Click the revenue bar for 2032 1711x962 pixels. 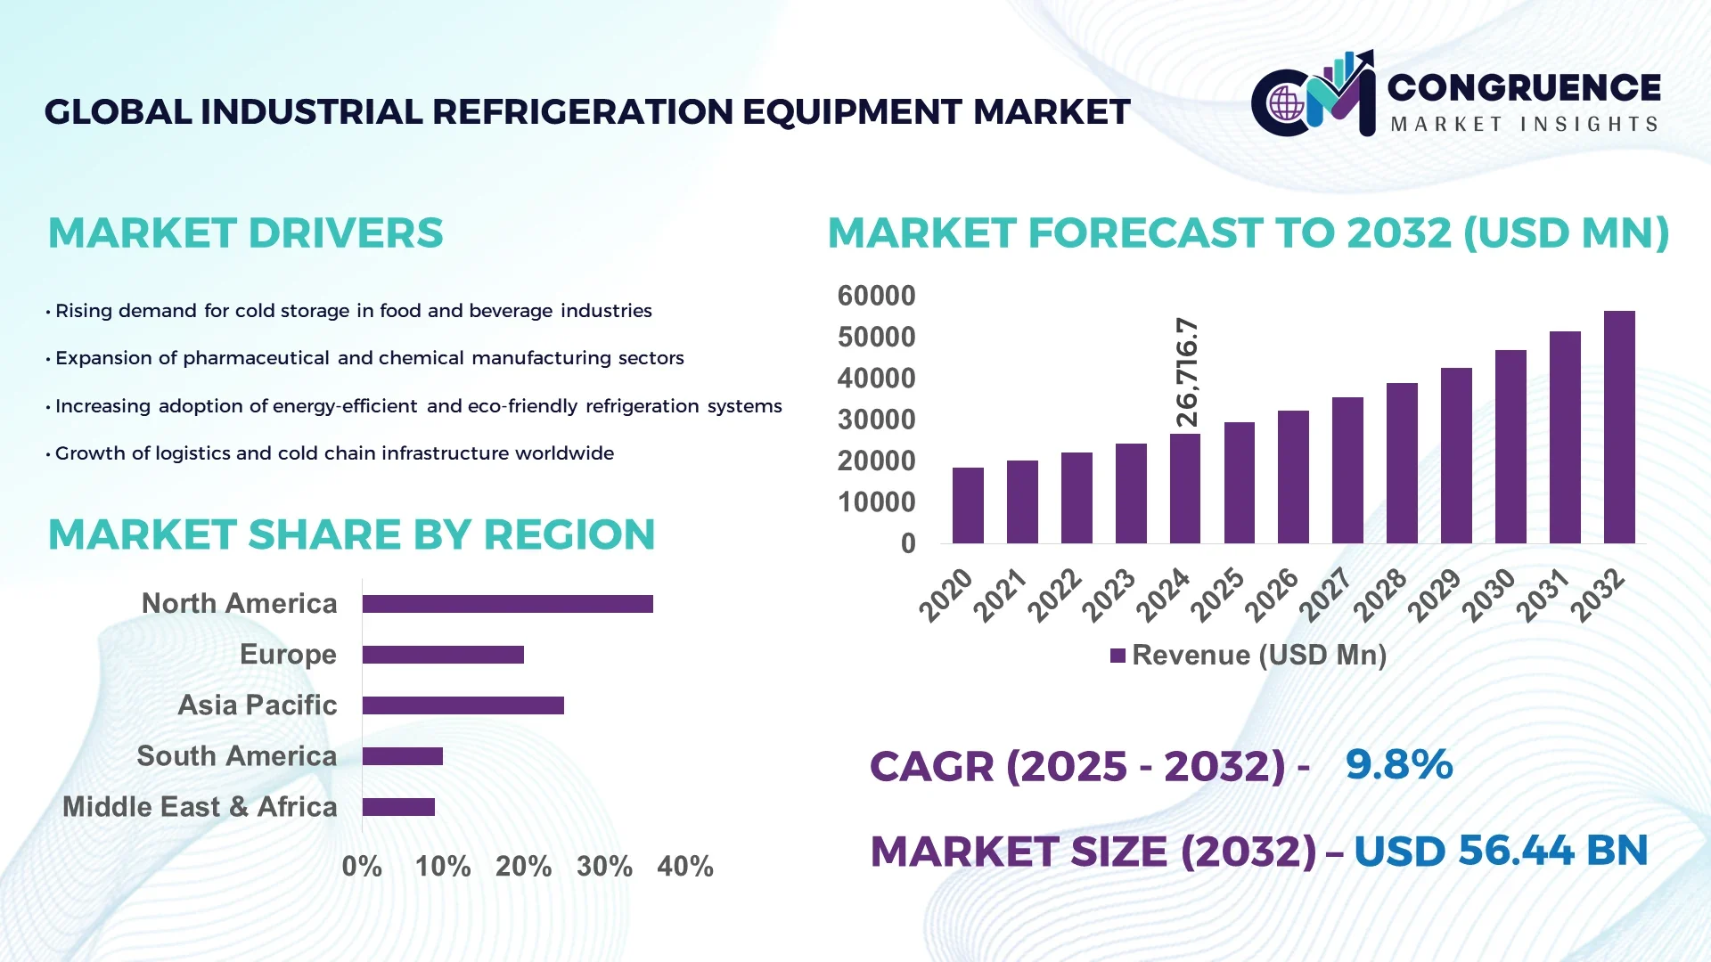coord(1618,428)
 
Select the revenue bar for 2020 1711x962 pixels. coord(968,506)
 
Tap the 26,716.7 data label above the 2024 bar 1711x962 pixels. coord(1187,372)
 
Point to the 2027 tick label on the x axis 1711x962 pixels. coord(1325,595)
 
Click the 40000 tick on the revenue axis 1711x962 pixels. coord(876,379)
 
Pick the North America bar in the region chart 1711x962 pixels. coord(507,604)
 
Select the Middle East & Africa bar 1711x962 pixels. coord(398,807)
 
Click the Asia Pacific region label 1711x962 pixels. coord(258,705)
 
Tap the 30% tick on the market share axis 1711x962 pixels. coord(604,867)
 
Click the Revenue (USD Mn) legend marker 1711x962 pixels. coord(1117,656)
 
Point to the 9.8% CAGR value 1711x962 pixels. coord(1398,765)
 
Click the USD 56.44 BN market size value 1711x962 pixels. coord(1501,851)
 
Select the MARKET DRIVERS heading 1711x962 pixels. coord(245,233)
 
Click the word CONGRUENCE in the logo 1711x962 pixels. coord(1523,87)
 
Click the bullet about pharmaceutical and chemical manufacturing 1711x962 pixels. coord(369,358)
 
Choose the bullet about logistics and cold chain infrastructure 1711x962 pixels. coord(334,453)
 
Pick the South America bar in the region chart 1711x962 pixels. coord(402,756)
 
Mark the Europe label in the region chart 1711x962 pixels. coord(288,655)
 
